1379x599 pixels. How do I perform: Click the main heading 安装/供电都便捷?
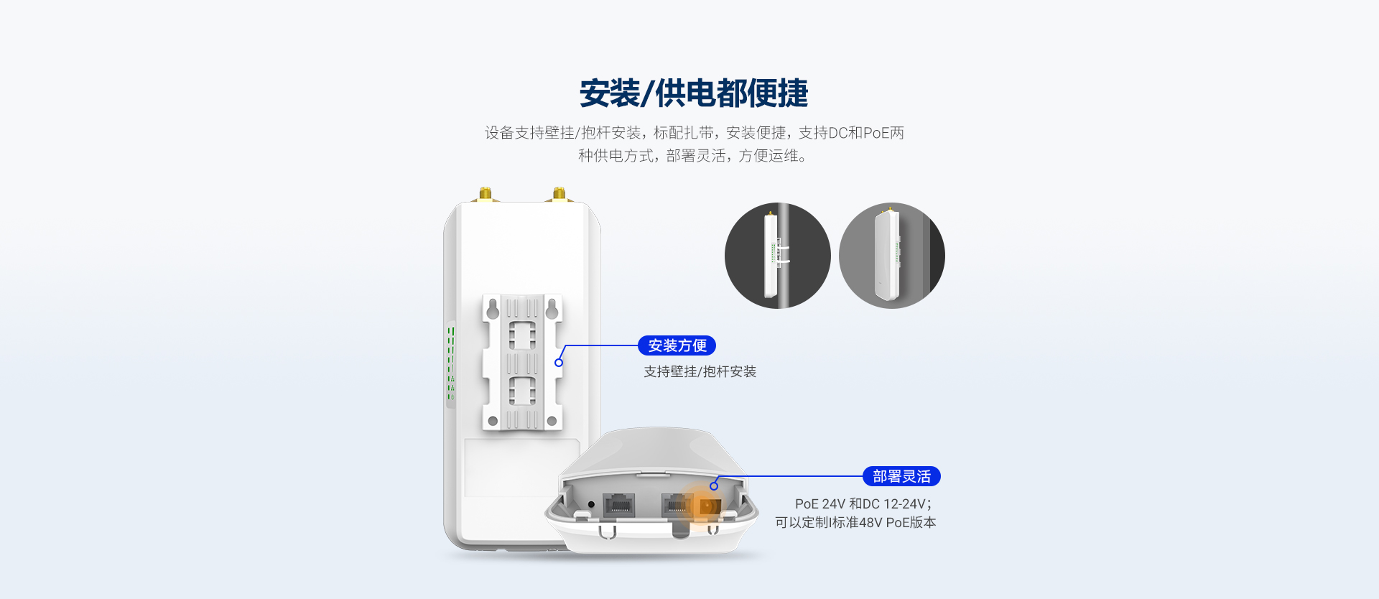[694, 93]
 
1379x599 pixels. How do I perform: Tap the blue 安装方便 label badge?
[677, 345]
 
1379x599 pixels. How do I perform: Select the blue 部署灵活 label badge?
[901, 476]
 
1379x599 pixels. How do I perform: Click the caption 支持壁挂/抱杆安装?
[700, 371]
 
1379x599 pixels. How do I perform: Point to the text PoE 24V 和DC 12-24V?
[863, 504]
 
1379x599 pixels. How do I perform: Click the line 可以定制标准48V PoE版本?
[855, 523]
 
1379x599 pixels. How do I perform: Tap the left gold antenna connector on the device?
[486, 195]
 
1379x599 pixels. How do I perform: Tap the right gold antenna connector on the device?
[559, 195]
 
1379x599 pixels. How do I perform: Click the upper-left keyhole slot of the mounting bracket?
[493, 309]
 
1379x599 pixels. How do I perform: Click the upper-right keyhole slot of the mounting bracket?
[552, 309]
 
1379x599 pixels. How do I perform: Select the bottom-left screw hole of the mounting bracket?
[493, 421]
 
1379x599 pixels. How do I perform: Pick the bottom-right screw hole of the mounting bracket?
[552, 421]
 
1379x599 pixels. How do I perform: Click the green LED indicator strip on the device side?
[451, 363]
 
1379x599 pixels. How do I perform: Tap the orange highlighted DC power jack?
[709, 506]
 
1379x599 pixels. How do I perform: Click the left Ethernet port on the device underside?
[618, 506]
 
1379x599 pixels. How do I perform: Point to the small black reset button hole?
[591, 505]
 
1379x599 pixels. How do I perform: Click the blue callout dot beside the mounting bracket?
[559, 363]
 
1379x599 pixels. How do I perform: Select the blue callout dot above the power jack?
[714, 486]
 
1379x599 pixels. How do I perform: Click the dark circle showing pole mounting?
[778, 256]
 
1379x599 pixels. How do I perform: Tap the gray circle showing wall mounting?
[892, 256]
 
